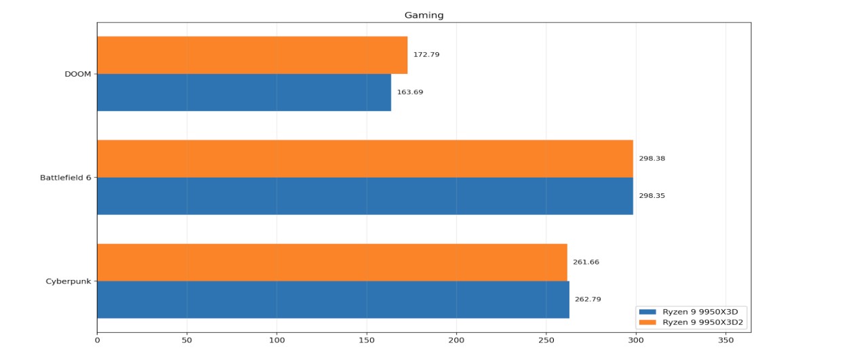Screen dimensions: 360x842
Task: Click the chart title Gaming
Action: click(x=424, y=15)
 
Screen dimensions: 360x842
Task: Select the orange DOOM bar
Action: click(x=252, y=55)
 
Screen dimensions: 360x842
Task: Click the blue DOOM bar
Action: click(x=244, y=92)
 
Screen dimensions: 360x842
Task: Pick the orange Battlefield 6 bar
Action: click(x=365, y=159)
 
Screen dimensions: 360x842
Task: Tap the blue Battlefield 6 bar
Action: click(x=365, y=196)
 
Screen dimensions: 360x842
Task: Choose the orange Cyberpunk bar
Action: click(x=332, y=262)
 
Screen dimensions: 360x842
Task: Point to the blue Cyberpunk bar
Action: click(x=333, y=300)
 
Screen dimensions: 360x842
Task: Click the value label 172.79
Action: click(x=426, y=55)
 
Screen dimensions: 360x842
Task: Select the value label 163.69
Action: click(x=410, y=92)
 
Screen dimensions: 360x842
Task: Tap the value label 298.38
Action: click(x=652, y=159)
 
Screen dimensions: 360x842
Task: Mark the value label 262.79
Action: click(x=588, y=299)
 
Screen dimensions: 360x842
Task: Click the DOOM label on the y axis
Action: click(x=78, y=74)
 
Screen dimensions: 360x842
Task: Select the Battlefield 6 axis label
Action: click(x=66, y=178)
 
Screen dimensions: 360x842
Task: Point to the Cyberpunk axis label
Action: click(x=72, y=281)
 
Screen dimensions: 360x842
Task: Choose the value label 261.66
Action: click(x=586, y=262)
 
